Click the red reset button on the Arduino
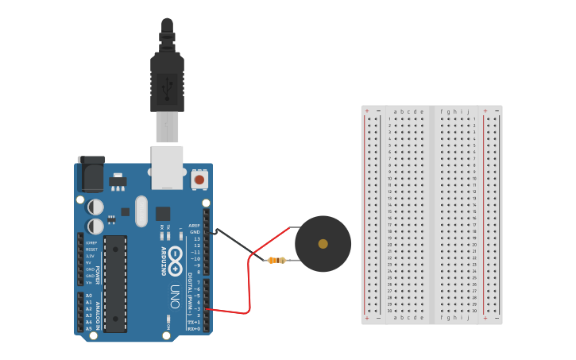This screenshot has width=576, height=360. (x=199, y=180)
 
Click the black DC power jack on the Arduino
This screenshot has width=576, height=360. (x=91, y=173)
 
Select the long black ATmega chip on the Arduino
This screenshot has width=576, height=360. (x=115, y=283)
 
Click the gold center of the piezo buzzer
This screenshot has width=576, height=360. (x=323, y=244)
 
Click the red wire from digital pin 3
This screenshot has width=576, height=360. (x=249, y=286)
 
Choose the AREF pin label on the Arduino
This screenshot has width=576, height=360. (x=195, y=225)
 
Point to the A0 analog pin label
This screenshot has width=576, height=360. (x=89, y=296)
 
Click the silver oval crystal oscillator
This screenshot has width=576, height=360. (x=141, y=211)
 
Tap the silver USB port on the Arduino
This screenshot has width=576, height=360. (x=168, y=167)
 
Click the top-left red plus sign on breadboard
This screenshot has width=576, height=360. (x=366, y=110)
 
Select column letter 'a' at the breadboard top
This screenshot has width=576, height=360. (x=395, y=112)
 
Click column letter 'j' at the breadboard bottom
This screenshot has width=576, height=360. (x=468, y=317)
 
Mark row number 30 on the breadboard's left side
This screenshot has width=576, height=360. (x=390, y=311)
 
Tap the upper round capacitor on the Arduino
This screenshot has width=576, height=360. (x=95, y=207)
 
